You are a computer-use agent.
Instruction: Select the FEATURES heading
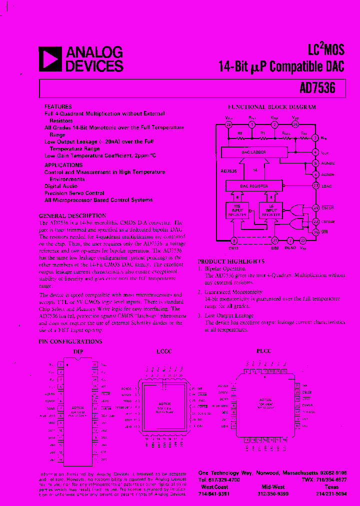(58, 107)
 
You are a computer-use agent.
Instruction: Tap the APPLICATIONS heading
(63, 165)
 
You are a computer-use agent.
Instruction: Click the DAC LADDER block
(254, 151)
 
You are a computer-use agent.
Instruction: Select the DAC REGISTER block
(254, 186)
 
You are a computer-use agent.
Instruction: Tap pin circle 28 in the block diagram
(228, 124)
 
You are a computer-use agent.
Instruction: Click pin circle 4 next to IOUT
(315, 151)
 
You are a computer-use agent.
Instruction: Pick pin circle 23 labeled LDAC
(315, 186)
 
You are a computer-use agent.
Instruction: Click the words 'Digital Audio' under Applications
(60, 186)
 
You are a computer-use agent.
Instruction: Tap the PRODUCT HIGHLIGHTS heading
(231, 261)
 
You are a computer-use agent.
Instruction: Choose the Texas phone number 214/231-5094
(331, 493)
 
